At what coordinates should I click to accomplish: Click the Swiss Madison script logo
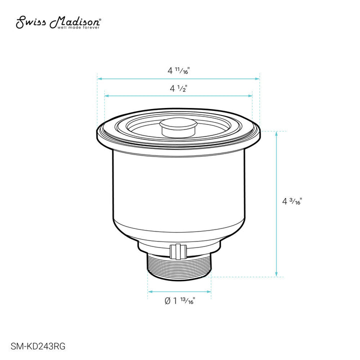pyautogui.click(x=58, y=22)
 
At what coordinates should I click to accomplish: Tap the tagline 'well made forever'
pyautogui.click(x=78, y=27)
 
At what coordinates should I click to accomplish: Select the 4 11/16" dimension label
pyautogui.click(x=178, y=70)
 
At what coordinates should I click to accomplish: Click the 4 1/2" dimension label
pyautogui.click(x=178, y=88)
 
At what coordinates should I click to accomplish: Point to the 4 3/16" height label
pyautogui.click(x=292, y=201)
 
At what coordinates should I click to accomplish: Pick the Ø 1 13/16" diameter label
pyautogui.click(x=180, y=300)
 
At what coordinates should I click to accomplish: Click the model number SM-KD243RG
pyautogui.click(x=38, y=346)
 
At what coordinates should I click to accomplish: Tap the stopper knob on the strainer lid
pyautogui.click(x=178, y=127)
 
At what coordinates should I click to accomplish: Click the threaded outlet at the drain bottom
pyautogui.click(x=179, y=267)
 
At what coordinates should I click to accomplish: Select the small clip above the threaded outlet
pyautogui.click(x=178, y=252)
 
